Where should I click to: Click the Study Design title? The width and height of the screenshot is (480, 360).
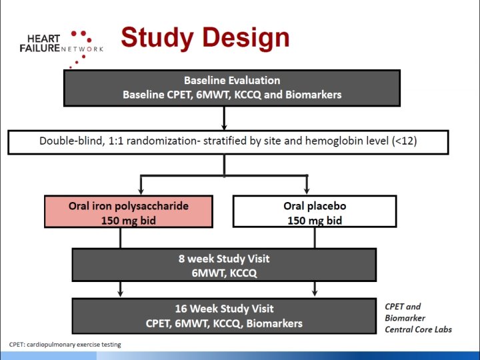205,37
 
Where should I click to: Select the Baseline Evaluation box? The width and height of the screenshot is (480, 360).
232,87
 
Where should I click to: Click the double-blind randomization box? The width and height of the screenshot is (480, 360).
227,141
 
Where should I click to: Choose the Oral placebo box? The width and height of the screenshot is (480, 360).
315,212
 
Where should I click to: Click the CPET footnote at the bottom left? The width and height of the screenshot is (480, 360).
65,345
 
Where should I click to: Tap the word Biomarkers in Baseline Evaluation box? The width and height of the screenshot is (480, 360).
313,95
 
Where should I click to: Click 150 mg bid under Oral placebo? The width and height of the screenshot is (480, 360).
315,220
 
